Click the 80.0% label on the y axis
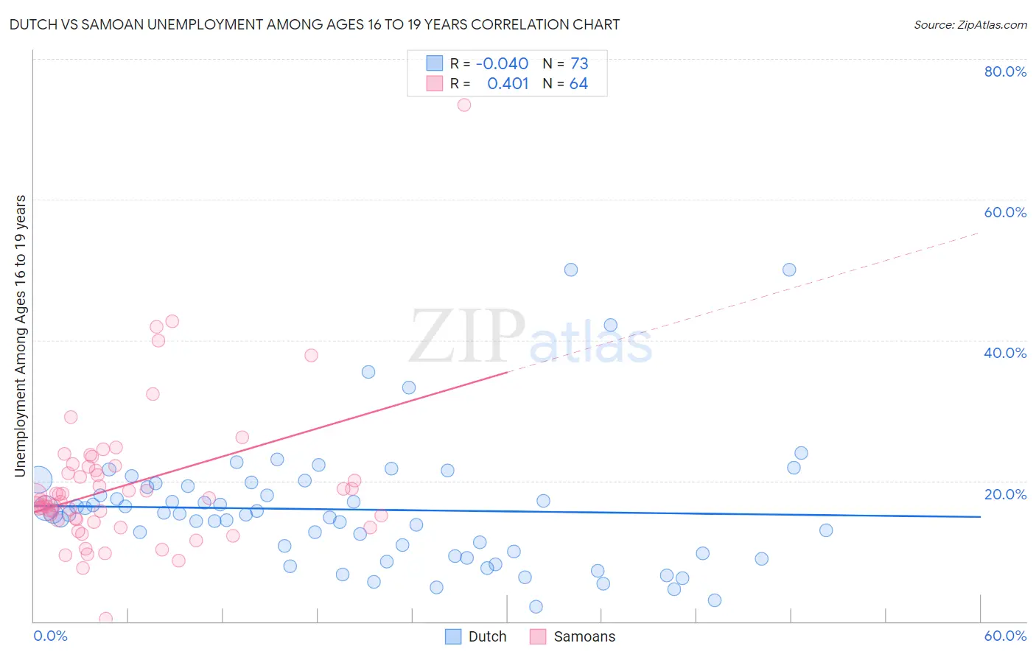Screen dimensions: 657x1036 coord(1005,71)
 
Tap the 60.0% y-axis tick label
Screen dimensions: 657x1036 coord(1005,212)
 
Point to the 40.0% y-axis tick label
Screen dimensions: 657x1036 coord(1005,353)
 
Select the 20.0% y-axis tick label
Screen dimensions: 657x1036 coord(1005,493)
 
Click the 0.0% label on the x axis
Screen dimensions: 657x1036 coord(50,636)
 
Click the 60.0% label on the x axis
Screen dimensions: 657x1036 coord(1005,636)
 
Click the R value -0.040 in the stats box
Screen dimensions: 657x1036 coord(502,63)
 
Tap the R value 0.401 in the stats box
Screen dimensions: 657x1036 coord(508,83)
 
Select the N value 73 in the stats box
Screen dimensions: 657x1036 coord(579,63)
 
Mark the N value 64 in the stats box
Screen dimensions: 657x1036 coord(578,83)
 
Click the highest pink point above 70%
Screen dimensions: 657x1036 coord(464,105)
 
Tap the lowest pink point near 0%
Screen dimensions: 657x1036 coord(106,618)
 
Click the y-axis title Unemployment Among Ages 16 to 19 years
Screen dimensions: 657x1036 coord(21,336)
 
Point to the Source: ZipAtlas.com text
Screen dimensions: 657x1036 coord(970,24)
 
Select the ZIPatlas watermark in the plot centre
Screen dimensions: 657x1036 coord(531,337)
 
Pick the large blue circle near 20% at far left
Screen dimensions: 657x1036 coord(40,480)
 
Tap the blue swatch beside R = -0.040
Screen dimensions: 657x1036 coord(434,63)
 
